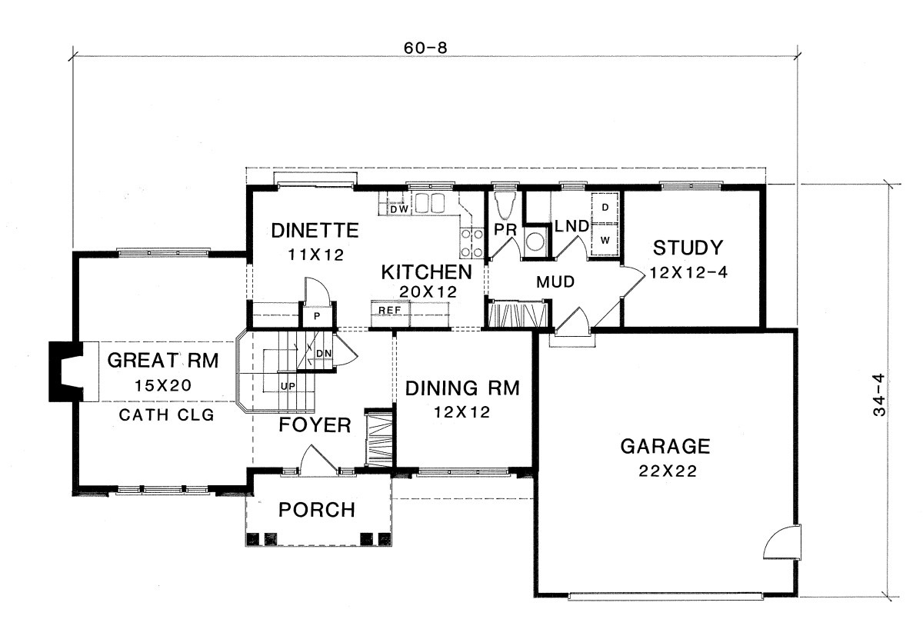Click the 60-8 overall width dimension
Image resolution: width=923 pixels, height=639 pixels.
pos(425,48)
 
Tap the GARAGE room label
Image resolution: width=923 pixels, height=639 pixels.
pos(665,447)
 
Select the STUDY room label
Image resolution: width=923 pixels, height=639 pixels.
pos(688,248)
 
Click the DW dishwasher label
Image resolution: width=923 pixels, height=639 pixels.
pos(399,209)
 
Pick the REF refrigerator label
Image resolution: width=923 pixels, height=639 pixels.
pos(389,310)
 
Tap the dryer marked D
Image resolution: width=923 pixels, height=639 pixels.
pos(605,208)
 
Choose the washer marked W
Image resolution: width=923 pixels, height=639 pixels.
pos(605,240)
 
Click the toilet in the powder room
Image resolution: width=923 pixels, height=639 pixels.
pos(505,205)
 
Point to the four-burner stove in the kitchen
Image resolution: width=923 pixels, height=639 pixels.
pos(471,243)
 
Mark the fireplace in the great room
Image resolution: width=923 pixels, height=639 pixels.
pos(66,371)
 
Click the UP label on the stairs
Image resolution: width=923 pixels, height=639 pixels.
pos(288,387)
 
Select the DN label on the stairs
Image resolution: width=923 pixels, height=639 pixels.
pos(324,354)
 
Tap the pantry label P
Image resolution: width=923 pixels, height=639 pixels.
pos(317,316)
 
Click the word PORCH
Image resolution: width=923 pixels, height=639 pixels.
pos(316,510)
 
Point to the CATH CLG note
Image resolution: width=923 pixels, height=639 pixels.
pos(166,415)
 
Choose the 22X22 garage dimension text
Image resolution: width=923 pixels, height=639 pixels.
pos(668,471)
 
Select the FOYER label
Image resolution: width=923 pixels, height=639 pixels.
pos(315,424)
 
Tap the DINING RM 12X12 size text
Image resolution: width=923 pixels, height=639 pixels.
pos(462,412)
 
